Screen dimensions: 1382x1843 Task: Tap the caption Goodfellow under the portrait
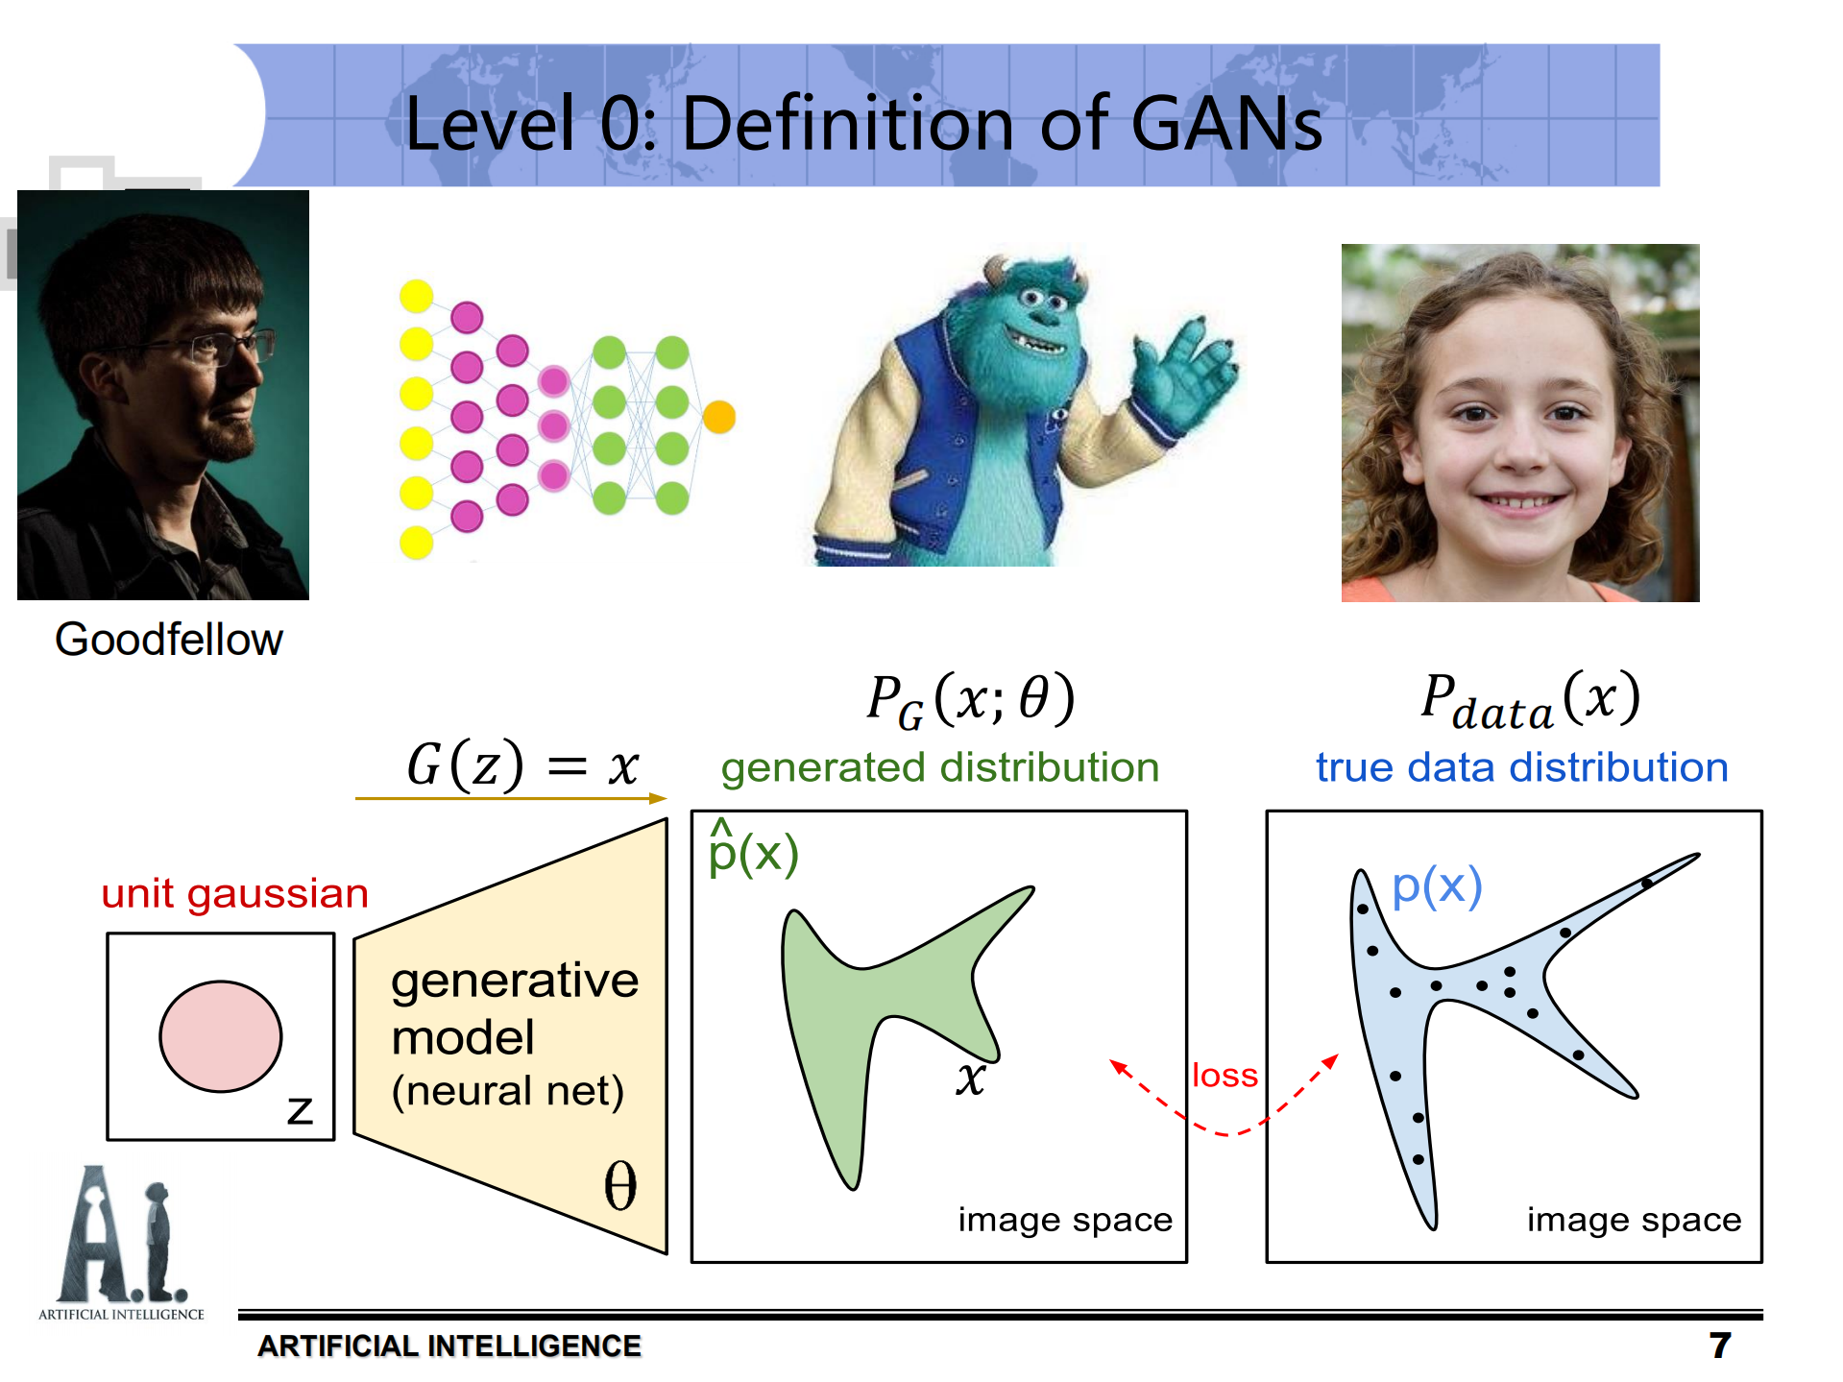tap(169, 640)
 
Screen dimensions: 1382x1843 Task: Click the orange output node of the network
tap(718, 417)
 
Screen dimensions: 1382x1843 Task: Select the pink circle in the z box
tap(220, 1036)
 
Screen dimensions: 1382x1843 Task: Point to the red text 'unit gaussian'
tap(235, 893)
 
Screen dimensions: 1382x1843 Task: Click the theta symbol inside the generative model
tap(620, 1186)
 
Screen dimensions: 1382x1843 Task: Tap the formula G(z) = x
tap(522, 765)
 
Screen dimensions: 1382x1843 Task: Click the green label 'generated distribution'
tap(940, 767)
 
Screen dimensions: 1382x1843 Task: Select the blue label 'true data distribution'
tap(1521, 767)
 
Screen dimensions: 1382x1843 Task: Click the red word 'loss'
tap(1225, 1075)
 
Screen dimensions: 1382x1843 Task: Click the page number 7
tap(1719, 1345)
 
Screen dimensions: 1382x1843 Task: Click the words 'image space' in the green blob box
tap(1065, 1220)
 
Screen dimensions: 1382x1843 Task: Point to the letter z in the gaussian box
tap(300, 1110)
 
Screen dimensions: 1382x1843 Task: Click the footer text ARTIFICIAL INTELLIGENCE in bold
tap(449, 1346)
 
